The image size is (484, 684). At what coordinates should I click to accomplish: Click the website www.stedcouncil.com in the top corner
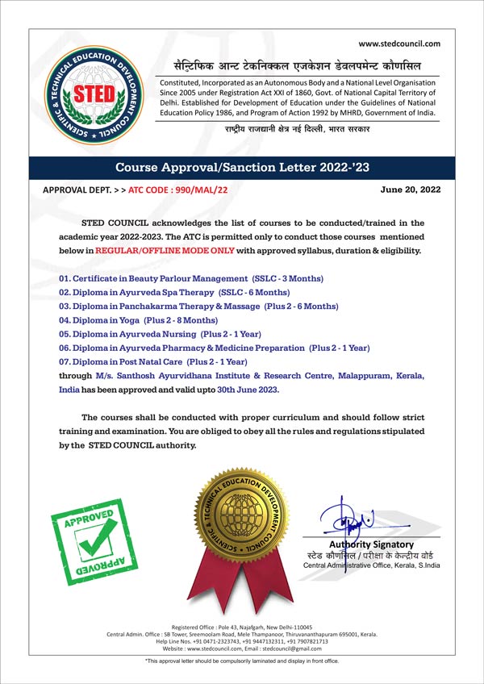399,44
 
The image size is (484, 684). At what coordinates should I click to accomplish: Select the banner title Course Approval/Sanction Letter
242,168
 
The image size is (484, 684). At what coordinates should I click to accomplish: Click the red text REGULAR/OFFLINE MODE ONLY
165,251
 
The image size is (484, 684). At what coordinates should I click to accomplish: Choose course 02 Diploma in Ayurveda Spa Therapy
175,292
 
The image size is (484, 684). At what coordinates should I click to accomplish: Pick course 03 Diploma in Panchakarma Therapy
199,307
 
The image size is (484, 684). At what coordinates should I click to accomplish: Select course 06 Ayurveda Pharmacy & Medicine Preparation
214,348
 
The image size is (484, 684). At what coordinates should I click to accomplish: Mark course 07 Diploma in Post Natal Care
153,361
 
